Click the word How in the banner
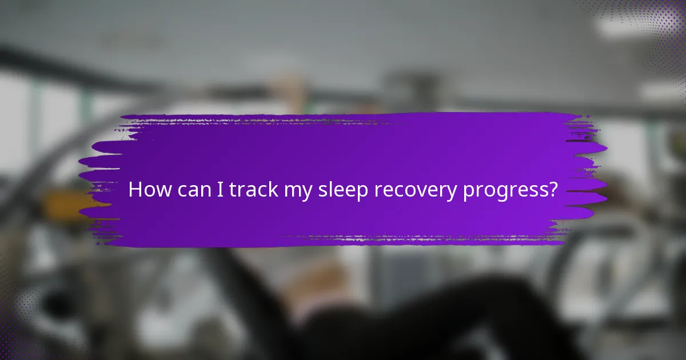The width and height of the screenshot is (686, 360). click(149, 190)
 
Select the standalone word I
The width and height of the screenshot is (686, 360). click(221, 190)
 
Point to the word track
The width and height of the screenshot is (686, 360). click(253, 190)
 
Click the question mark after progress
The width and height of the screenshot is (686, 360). click(552, 190)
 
